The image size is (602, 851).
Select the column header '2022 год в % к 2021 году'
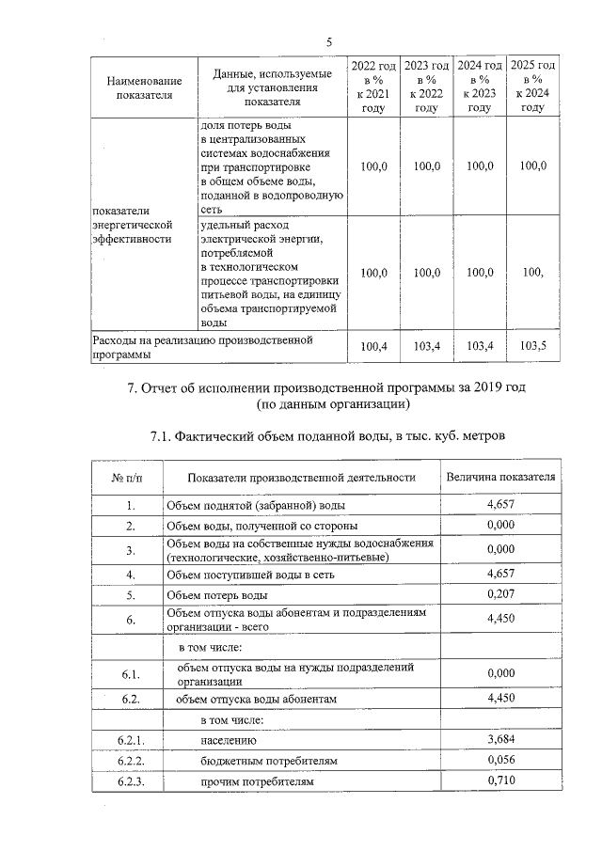pyautogui.click(x=373, y=87)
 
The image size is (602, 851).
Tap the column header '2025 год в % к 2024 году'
pyautogui.click(x=532, y=87)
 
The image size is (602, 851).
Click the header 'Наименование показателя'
pyautogui.click(x=144, y=87)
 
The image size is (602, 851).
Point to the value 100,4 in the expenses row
pyautogui.click(x=373, y=347)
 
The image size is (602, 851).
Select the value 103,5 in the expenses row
pyautogui.click(x=532, y=347)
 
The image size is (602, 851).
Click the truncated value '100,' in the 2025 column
pyautogui.click(x=532, y=273)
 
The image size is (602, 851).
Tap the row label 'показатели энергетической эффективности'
pyautogui.click(x=133, y=225)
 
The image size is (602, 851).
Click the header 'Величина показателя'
pyautogui.click(x=500, y=477)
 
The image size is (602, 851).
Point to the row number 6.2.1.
pyautogui.click(x=129, y=742)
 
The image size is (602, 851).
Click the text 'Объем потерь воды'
pyautogui.click(x=217, y=595)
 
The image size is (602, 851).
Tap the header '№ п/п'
pyautogui.click(x=128, y=477)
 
